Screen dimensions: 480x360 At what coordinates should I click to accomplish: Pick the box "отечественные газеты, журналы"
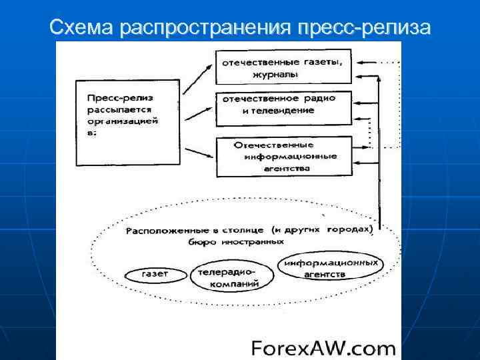pyautogui.click(x=283, y=67)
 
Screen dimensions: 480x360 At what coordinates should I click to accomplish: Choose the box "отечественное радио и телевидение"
pyautogui.click(x=283, y=107)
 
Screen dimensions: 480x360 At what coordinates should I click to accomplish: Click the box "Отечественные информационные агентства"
pyautogui.click(x=284, y=156)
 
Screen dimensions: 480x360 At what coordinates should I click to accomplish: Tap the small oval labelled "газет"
pyautogui.click(x=155, y=273)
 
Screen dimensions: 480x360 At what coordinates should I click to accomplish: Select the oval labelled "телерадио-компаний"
pyautogui.click(x=224, y=277)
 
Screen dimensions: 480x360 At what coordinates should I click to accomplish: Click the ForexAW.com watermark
pyautogui.click(x=323, y=348)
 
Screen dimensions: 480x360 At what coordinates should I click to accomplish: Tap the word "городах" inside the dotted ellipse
pyautogui.click(x=349, y=229)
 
